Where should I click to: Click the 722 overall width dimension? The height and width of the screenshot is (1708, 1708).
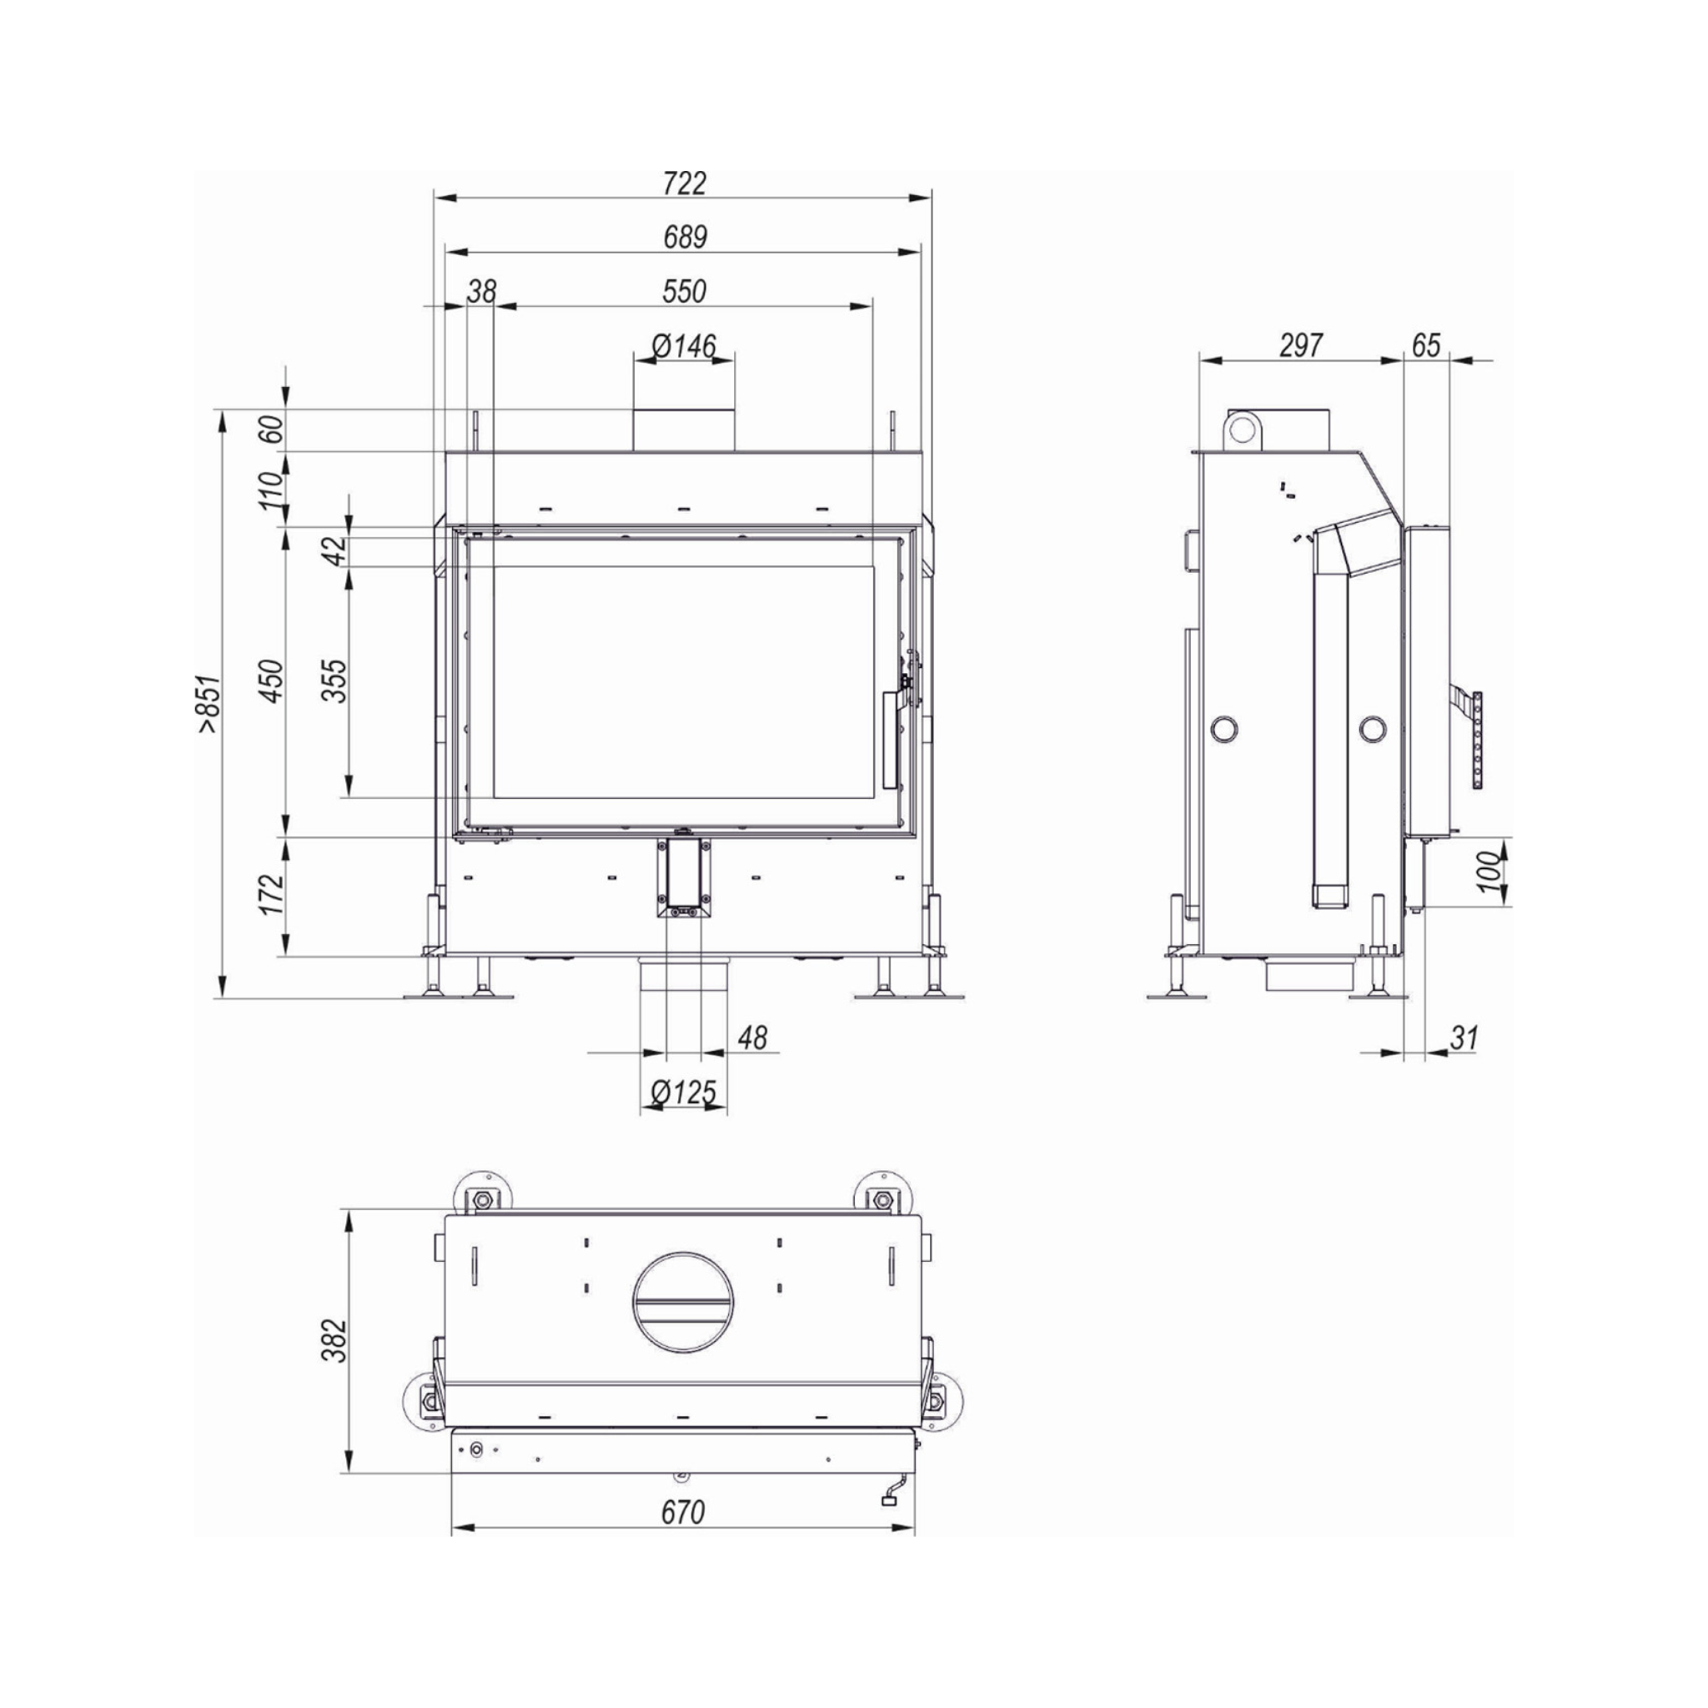coord(684,183)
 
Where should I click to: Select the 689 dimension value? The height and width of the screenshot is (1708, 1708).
coord(684,237)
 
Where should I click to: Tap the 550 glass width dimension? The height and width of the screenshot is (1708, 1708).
coord(684,291)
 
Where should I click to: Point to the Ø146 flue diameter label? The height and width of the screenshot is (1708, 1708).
coord(684,345)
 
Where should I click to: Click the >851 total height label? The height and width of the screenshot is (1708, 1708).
coord(208,705)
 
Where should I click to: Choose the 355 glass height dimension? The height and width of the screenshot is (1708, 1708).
coord(334,681)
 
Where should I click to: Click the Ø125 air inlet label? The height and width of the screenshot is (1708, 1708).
coord(683,1093)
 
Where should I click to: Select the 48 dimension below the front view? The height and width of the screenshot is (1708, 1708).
coord(752,1037)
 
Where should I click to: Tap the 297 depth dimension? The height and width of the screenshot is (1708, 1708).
coord(1301,344)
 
